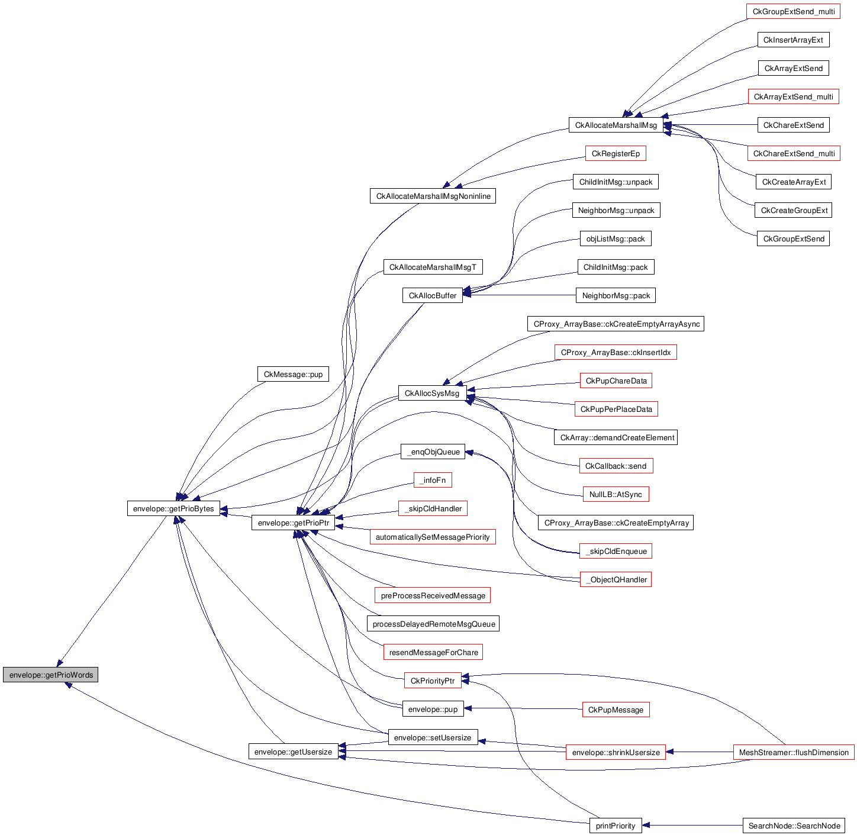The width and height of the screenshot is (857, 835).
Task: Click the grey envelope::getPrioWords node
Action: pos(50,675)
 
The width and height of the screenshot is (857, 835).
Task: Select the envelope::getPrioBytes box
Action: pos(173,508)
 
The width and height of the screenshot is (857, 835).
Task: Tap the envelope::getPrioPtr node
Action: pos(293,523)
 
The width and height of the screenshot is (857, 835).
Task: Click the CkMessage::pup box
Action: pos(293,374)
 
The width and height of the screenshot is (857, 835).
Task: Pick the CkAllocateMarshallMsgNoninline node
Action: pos(433,196)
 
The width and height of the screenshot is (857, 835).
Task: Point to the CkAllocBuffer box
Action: pos(433,295)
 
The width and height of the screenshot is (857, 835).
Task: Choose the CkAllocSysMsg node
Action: pos(432,393)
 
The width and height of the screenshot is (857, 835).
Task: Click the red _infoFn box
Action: pos(433,480)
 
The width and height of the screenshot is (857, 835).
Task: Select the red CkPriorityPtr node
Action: pos(433,681)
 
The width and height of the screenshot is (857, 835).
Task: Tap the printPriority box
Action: pos(616,826)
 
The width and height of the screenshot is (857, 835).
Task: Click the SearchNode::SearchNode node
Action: pos(794,826)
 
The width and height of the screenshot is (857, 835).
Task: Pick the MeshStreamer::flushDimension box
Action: pos(794,752)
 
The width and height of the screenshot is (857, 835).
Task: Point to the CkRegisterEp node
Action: pos(616,153)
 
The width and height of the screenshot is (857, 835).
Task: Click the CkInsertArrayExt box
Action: pos(793,40)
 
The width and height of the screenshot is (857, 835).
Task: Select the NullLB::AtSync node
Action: pos(616,494)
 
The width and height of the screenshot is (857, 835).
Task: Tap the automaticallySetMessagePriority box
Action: pos(433,537)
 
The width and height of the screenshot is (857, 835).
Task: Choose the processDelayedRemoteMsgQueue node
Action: pos(433,624)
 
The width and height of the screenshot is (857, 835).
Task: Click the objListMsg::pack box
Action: pos(616,238)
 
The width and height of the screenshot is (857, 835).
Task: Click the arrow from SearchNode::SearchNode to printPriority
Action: pos(692,826)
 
